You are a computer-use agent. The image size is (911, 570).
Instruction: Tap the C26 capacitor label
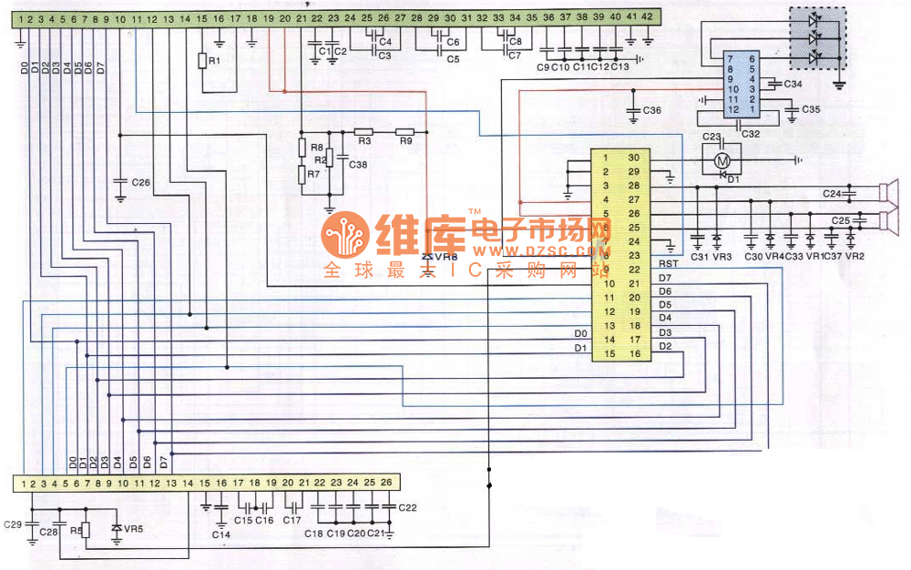coord(140,182)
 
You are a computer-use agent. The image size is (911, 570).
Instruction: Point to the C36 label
coord(651,110)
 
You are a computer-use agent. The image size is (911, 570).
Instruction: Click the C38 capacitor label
coord(357,165)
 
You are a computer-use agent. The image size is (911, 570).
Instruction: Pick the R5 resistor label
coord(76,529)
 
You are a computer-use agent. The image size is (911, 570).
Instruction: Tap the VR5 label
coord(134,528)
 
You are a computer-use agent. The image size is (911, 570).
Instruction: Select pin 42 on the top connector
coord(647,17)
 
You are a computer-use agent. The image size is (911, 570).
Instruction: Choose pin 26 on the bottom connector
coord(387,482)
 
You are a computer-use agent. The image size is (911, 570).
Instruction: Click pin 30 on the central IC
coord(634,158)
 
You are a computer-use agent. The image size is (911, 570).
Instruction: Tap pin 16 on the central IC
coord(634,353)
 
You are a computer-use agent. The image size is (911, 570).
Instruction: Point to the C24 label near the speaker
coord(832,193)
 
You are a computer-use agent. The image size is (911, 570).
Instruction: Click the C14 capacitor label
coord(221,534)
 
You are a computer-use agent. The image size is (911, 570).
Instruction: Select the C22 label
coord(407,507)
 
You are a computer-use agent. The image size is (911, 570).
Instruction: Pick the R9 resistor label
coord(405,141)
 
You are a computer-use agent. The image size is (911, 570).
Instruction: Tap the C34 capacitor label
coord(793,84)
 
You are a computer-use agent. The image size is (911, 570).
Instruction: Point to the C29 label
coord(13,524)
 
